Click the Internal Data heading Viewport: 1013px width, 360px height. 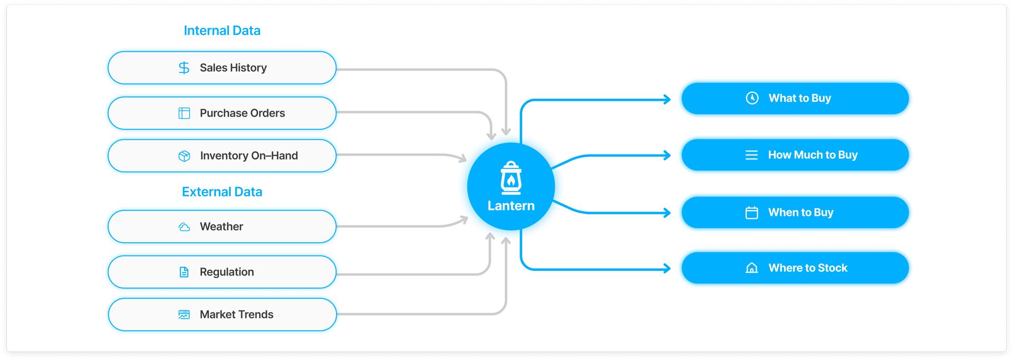click(x=222, y=31)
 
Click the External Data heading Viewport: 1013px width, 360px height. click(x=222, y=192)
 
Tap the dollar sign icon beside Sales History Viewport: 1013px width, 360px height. click(x=184, y=68)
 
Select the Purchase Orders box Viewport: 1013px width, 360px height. click(x=222, y=113)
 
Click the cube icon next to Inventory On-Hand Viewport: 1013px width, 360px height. click(x=184, y=156)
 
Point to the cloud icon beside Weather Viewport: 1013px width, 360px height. click(x=184, y=227)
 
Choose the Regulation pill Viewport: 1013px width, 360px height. click(x=222, y=272)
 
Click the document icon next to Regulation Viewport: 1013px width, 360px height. click(x=184, y=272)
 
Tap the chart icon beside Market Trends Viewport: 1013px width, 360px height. click(x=184, y=315)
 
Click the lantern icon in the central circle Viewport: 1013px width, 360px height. click(x=511, y=178)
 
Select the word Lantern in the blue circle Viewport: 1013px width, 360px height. click(x=511, y=206)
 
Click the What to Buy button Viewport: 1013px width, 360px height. click(x=795, y=98)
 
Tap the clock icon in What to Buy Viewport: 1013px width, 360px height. click(x=752, y=98)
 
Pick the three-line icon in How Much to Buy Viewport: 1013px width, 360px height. click(x=751, y=155)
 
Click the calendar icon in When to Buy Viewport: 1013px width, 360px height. click(x=751, y=213)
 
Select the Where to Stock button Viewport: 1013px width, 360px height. click(x=795, y=268)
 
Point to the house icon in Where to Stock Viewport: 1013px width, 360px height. click(x=751, y=268)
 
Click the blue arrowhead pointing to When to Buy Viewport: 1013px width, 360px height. click(x=667, y=213)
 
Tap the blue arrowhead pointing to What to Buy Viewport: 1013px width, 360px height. click(x=667, y=99)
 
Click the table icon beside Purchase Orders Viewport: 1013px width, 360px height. click(x=184, y=113)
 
